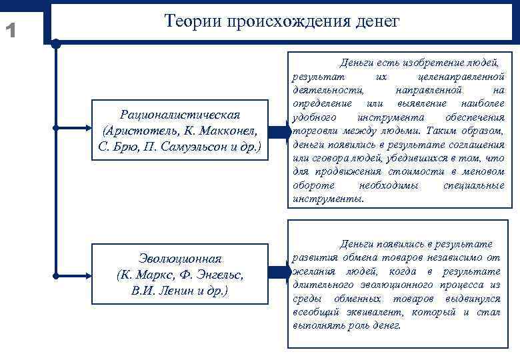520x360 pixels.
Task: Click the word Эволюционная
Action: pos(180,259)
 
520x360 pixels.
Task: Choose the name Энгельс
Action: pos(217,275)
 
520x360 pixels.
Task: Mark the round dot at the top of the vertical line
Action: pos(56,45)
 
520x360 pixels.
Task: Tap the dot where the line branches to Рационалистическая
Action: pos(56,127)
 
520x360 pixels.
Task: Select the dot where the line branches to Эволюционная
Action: pos(56,273)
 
